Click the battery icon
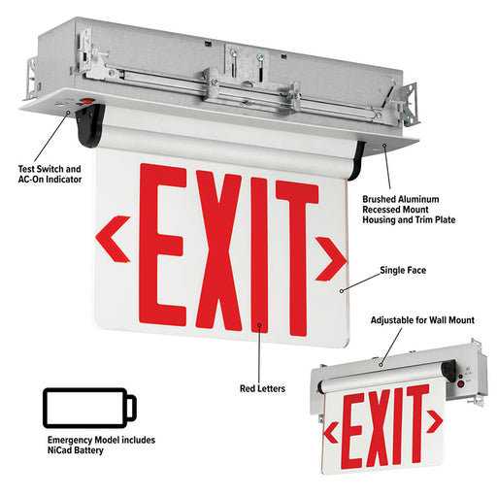click(89, 408)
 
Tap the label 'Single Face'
click(403, 270)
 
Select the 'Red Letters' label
click(262, 388)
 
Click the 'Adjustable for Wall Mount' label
click(422, 320)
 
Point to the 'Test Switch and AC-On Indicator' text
click(50, 174)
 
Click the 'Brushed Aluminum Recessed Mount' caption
click(401, 204)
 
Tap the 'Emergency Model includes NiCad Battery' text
click(101, 445)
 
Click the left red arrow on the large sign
click(113, 239)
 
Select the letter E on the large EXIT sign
click(162, 245)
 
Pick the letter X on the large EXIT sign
click(218, 250)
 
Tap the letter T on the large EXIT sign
click(296, 258)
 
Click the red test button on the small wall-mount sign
click(461, 384)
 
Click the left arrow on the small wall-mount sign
click(331, 433)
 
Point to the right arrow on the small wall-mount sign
click(435, 421)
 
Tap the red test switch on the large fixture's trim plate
click(86, 102)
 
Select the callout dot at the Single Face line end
click(341, 291)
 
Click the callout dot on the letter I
click(259, 324)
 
